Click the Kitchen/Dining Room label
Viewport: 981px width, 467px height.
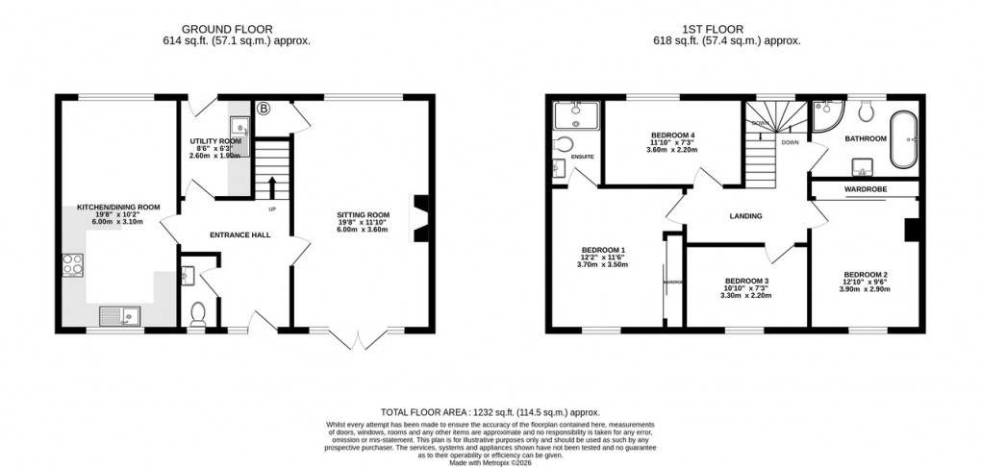click(x=117, y=207)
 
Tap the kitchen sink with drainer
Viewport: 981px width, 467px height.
click(x=119, y=313)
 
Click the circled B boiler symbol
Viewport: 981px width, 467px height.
click(x=264, y=109)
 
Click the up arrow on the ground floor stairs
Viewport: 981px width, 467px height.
click(x=271, y=185)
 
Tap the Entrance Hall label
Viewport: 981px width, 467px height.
click(x=237, y=233)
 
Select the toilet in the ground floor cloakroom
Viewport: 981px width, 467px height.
click(x=198, y=313)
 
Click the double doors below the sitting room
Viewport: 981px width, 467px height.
click(x=357, y=338)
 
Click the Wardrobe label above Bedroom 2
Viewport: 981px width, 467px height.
click(x=865, y=189)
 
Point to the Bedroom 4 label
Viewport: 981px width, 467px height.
click(x=672, y=134)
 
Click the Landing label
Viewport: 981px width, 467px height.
click(x=745, y=216)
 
